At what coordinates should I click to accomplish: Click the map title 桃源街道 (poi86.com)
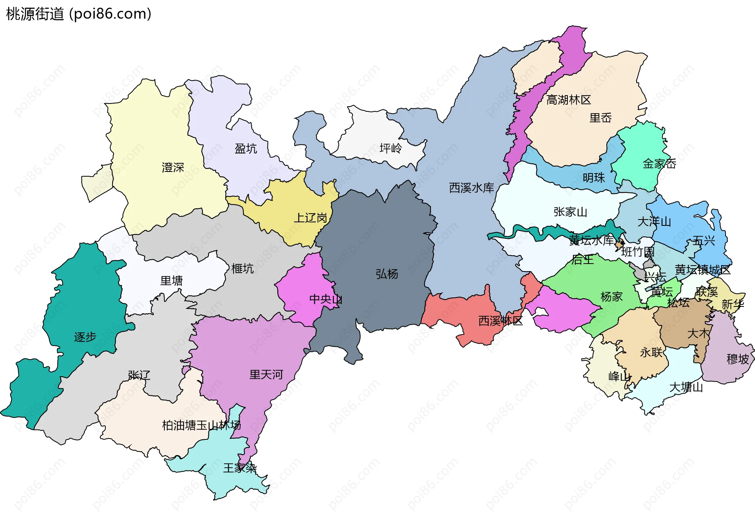point(79,14)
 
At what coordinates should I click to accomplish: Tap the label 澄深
point(173,168)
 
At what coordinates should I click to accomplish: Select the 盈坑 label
point(246,149)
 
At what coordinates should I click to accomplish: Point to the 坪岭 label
point(390,148)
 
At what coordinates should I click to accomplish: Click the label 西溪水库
point(471,188)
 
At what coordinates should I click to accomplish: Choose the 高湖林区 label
point(569,100)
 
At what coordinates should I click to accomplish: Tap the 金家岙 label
point(659,164)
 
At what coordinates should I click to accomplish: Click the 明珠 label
point(594,178)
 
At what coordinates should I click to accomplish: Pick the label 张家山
point(570,212)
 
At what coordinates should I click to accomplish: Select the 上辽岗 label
point(311,218)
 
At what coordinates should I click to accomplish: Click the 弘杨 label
point(387,274)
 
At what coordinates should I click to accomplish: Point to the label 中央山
point(326,299)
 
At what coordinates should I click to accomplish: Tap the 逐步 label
point(85,337)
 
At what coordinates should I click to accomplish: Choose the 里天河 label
point(266,375)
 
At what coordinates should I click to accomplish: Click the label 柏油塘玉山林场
point(201,425)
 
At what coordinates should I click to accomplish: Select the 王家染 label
point(240,468)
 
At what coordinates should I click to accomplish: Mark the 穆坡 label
point(738,359)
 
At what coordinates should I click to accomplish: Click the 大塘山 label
point(686,388)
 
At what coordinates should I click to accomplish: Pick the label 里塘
point(171,281)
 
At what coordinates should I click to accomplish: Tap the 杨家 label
point(611,297)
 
